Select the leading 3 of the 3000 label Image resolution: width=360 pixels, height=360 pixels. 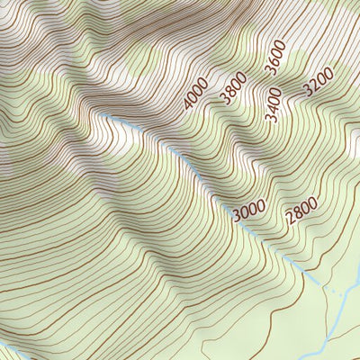click(x=237, y=216)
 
